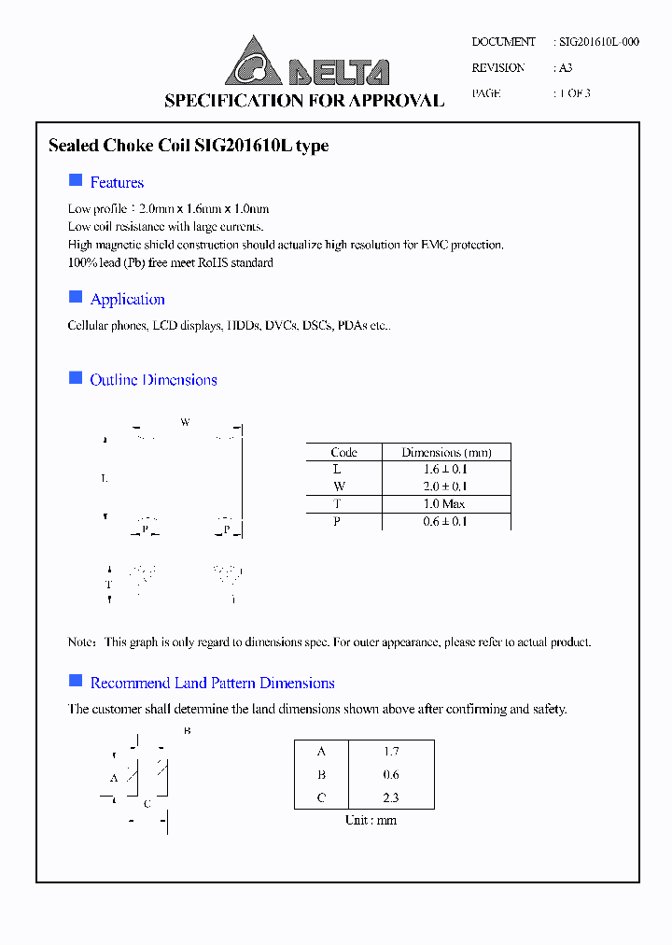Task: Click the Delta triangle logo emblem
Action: tap(253, 63)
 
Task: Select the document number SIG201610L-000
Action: tap(598, 42)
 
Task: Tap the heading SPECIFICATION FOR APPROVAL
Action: tap(304, 101)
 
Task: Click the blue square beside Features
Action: tap(76, 180)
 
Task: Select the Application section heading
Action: tap(127, 300)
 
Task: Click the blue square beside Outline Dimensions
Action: tap(76, 377)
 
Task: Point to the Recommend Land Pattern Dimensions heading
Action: tap(212, 684)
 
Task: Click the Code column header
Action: tap(343, 452)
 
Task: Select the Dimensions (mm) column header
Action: tap(446, 452)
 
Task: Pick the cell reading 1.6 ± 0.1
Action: tap(446, 470)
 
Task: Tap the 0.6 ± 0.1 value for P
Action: tap(446, 522)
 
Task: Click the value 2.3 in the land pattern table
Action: tap(390, 798)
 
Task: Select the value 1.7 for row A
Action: tap(390, 752)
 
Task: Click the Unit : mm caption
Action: tap(371, 820)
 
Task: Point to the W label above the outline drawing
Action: tap(185, 423)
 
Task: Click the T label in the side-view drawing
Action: tap(108, 585)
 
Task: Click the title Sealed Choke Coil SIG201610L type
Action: tap(188, 147)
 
